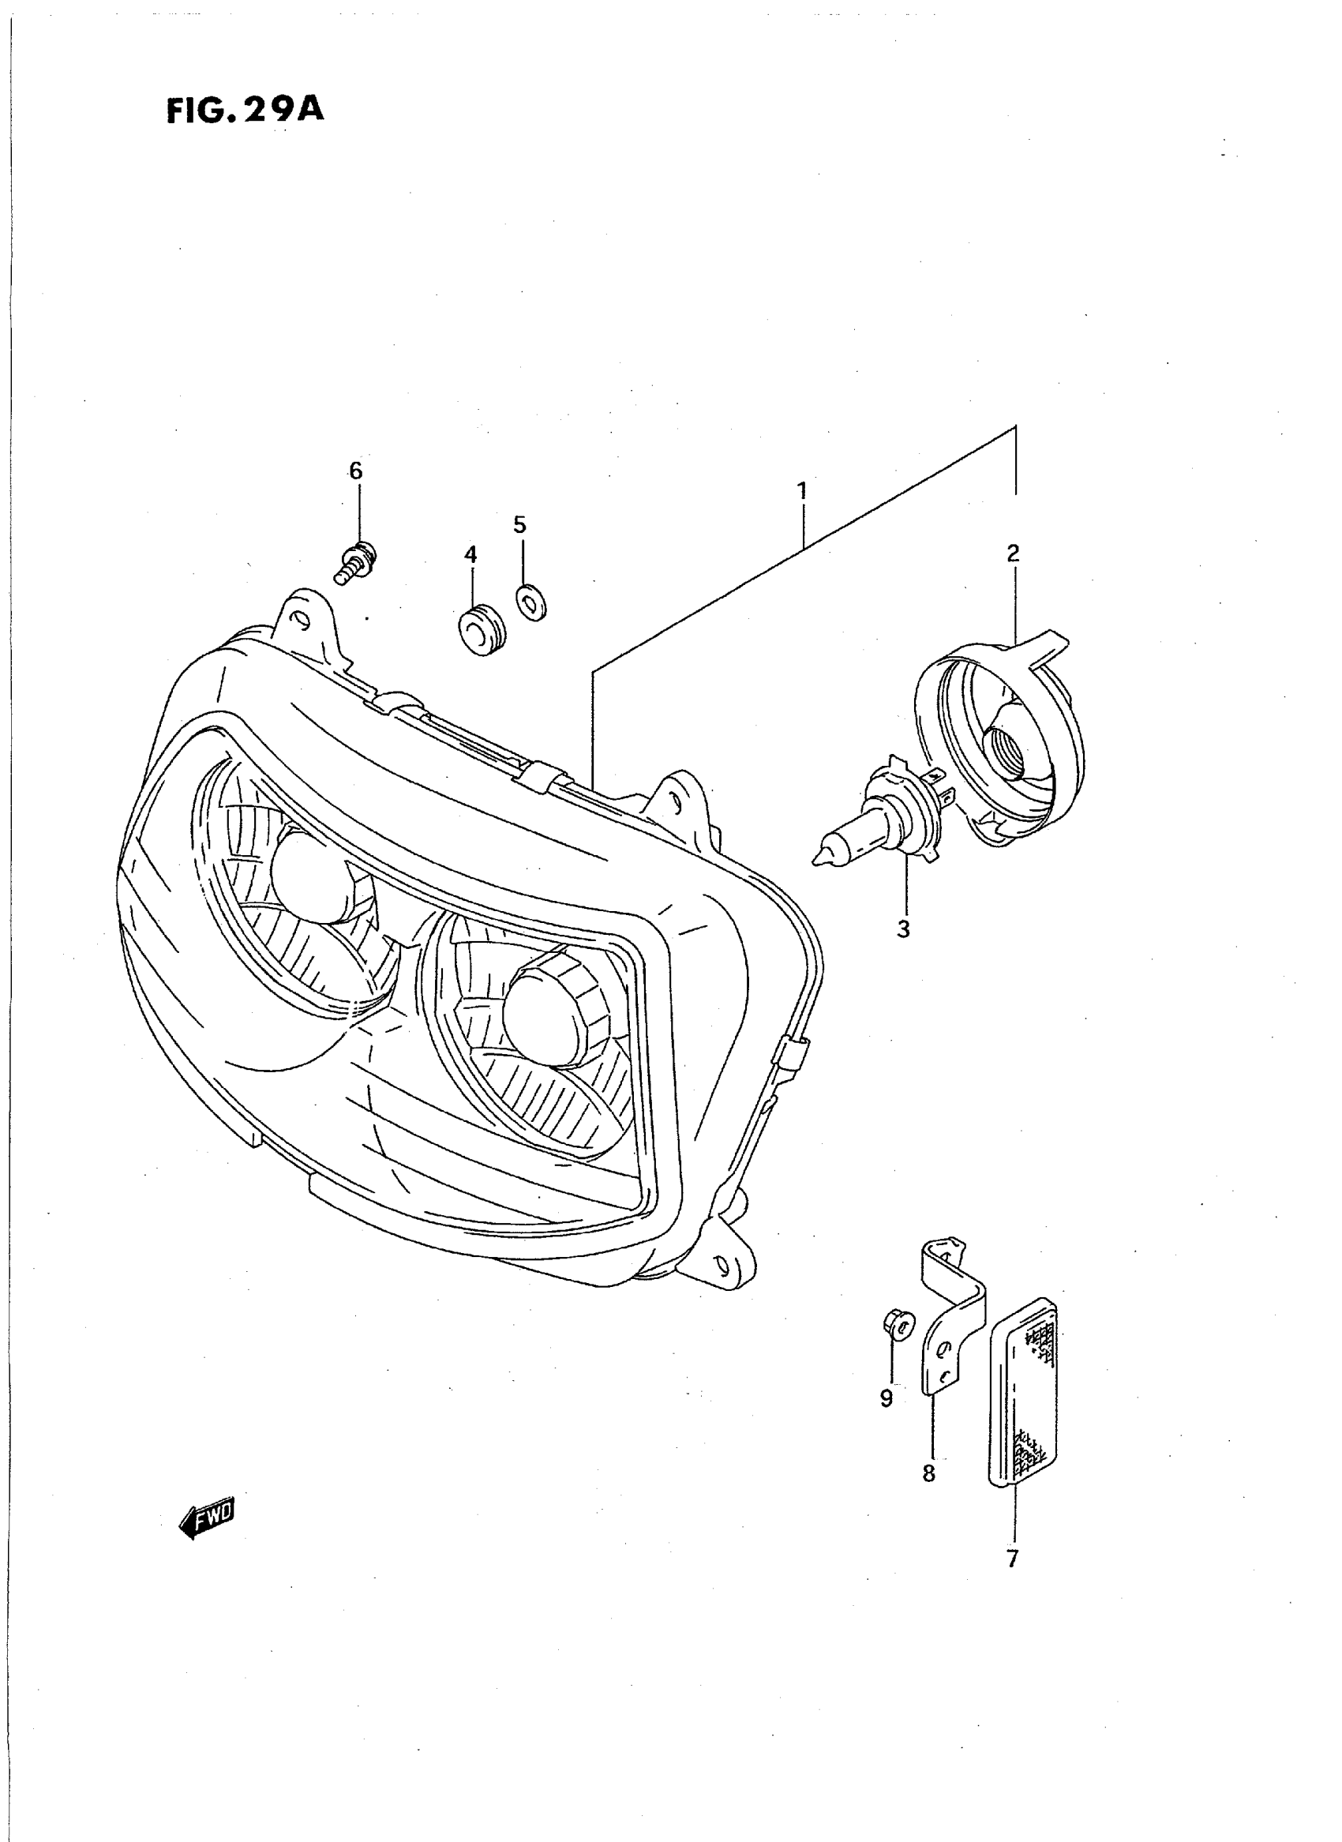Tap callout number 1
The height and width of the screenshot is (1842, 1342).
pos(802,491)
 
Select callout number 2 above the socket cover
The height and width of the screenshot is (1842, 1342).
pos(1012,553)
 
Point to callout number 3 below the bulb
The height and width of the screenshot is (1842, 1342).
pos(903,929)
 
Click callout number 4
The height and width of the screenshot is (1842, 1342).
pos(470,554)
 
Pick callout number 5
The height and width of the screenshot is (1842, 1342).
pos(520,524)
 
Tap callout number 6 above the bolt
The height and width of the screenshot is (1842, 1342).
pos(356,471)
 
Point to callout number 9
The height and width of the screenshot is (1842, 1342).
pos(887,1397)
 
